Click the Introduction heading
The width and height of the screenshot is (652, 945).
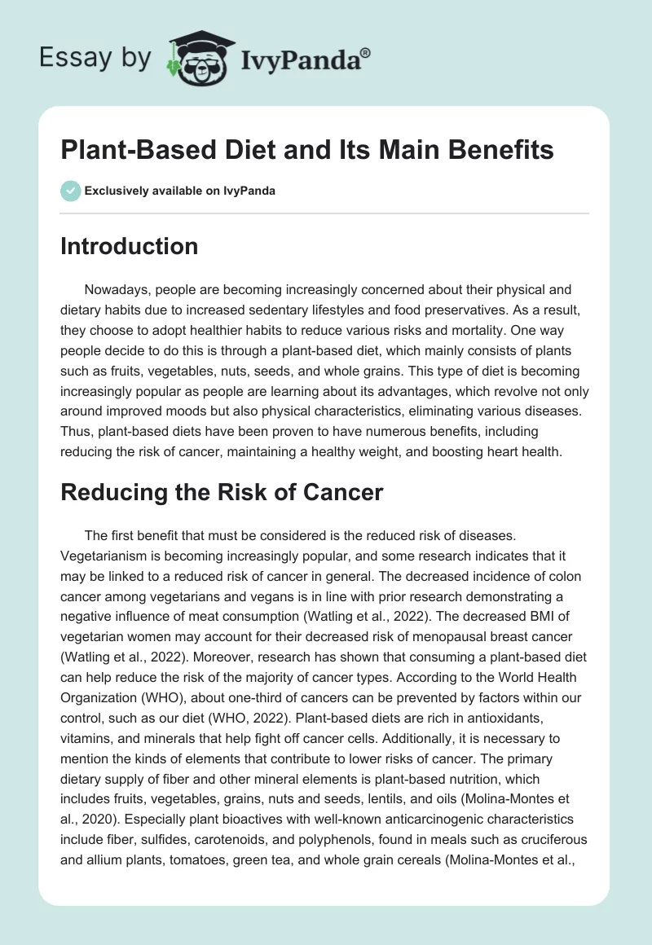coord(129,246)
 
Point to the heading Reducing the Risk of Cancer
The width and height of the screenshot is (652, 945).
coord(221,492)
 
